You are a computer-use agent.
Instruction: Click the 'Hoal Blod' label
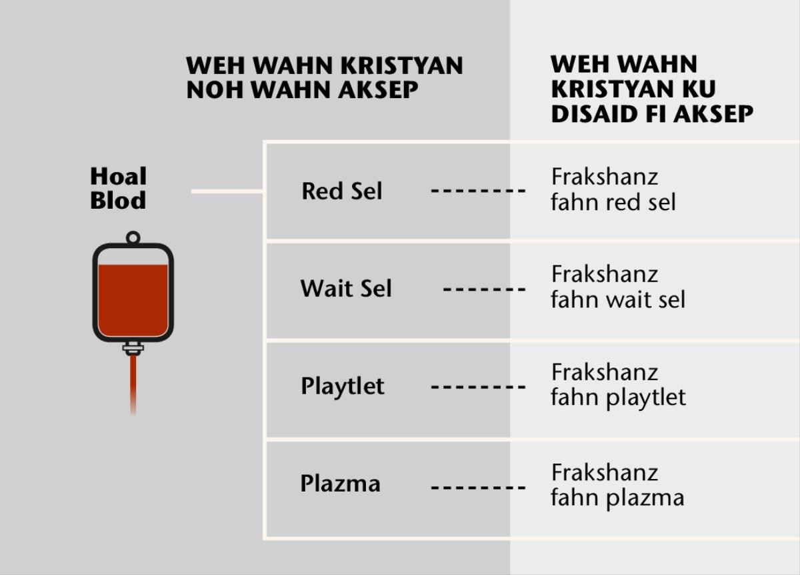click(118, 188)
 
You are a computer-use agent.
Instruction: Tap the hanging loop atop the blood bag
click(133, 237)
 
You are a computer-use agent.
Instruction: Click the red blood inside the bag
click(133, 300)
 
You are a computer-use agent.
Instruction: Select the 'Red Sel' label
click(342, 191)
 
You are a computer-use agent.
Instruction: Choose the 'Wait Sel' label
click(346, 289)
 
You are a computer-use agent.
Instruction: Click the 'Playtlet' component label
click(343, 387)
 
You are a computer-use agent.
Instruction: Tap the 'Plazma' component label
click(340, 484)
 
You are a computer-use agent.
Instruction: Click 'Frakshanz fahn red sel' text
click(613, 189)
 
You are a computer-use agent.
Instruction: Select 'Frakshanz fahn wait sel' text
click(617, 287)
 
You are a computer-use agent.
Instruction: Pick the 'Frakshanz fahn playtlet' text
click(618, 384)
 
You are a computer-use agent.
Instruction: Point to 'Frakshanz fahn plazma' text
click(617, 485)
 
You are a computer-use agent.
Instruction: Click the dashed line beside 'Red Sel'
click(478, 191)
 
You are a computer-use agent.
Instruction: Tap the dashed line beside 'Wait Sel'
click(484, 290)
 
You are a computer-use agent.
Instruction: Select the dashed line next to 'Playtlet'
click(478, 387)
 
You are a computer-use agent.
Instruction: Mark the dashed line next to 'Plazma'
click(478, 488)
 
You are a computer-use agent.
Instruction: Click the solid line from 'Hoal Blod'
click(227, 191)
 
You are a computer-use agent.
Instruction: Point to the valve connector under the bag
click(133, 348)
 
